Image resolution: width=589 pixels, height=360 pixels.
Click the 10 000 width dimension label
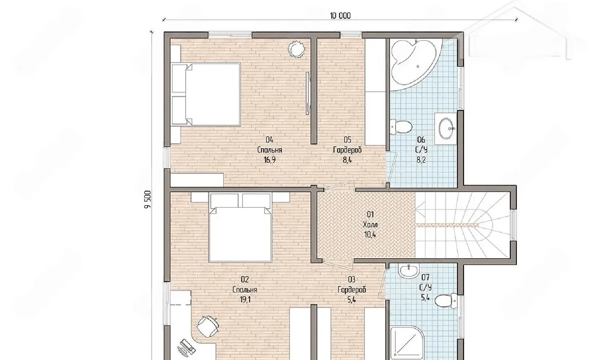coord(340,16)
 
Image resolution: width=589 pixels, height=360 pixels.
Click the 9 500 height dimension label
coord(148,199)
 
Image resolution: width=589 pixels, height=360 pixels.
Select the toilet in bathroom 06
coord(401,127)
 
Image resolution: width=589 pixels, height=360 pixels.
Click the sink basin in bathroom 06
coord(446,128)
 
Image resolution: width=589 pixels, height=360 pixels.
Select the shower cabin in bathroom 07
coord(407,343)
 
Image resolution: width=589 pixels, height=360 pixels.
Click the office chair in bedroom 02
coord(208,326)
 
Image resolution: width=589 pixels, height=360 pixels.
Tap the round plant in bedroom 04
coord(296,49)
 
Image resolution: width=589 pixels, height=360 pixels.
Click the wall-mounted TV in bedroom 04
coord(308,93)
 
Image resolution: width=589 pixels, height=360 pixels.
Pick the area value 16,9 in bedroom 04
coord(270,160)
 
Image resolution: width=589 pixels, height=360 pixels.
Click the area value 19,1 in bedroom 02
coord(244,300)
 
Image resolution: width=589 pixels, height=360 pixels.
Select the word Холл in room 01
coord(370,225)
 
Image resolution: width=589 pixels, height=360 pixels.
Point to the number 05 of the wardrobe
coord(347,139)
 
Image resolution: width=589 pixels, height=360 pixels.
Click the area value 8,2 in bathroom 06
coord(421,160)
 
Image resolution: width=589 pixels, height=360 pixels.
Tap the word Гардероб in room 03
coord(352,290)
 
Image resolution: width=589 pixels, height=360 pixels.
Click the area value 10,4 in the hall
coord(370,234)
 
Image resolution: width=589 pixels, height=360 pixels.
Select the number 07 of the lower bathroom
coord(425,278)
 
